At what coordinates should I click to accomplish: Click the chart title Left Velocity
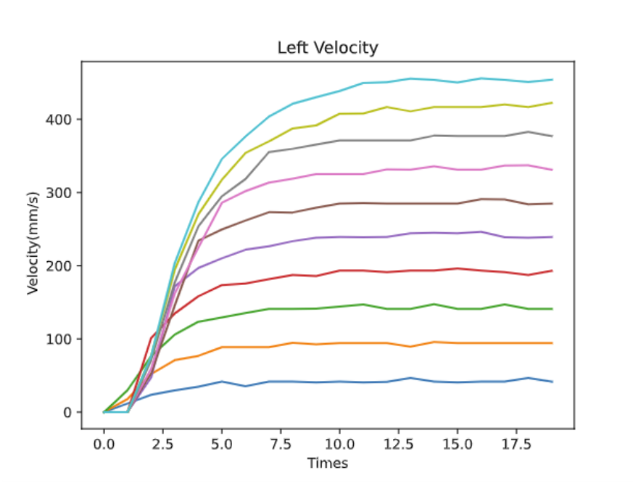(328, 49)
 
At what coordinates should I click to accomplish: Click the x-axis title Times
(328, 463)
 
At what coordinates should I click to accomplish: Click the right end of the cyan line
(552, 80)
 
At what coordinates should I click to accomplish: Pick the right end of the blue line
(552, 382)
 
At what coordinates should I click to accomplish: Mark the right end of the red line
(552, 271)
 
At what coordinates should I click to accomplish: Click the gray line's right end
(552, 136)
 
